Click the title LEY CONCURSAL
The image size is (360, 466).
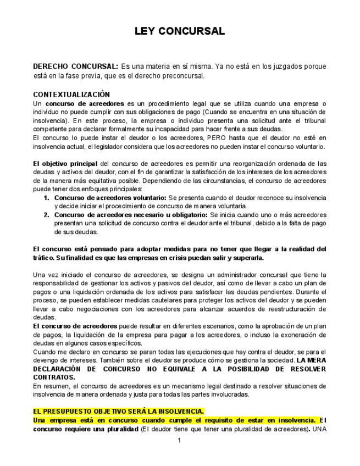tap(180, 31)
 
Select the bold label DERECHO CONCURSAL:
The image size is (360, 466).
tap(75, 66)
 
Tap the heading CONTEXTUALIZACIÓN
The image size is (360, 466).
tap(71, 95)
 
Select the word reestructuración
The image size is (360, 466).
tap(297, 309)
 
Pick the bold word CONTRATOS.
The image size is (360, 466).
tap(54, 378)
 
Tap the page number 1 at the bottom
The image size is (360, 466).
tap(179, 441)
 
